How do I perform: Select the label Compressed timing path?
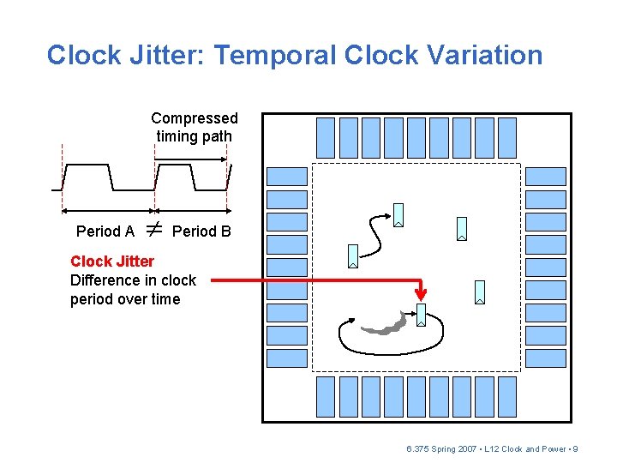click(195, 127)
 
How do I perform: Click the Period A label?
click(105, 231)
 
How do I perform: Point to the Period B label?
click(201, 231)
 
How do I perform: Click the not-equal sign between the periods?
click(153, 229)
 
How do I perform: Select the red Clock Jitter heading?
click(112, 262)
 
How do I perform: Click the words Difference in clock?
click(133, 280)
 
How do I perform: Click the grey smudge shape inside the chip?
click(386, 324)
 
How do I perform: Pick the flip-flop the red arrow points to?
click(421, 315)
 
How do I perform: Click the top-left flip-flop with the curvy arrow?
click(398, 214)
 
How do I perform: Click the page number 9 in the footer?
click(575, 449)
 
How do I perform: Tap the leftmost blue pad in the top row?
click(326, 138)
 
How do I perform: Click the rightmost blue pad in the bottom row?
click(507, 396)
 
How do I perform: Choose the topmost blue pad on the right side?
click(546, 177)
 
